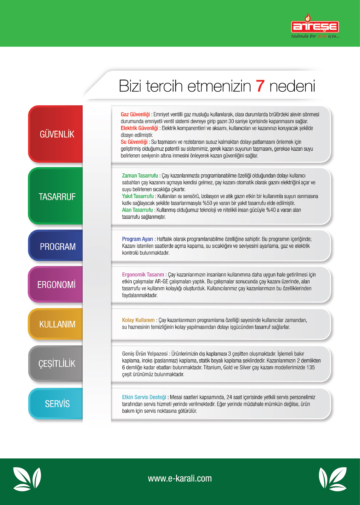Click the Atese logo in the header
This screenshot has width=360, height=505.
point(315,26)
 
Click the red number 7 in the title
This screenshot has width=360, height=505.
point(260,86)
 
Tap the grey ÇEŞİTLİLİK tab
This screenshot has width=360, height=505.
point(57,364)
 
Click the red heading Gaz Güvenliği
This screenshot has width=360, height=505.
point(135,114)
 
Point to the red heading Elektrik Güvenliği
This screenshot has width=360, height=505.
point(139,128)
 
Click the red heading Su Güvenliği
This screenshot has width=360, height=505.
point(134,142)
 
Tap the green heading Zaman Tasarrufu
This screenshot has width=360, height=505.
point(140,176)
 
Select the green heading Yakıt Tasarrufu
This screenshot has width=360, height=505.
point(138,196)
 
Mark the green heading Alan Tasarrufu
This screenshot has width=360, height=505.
point(137,210)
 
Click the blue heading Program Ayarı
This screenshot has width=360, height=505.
point(137,239)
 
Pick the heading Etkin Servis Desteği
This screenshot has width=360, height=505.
point(144,397)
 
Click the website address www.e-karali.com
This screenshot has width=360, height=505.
point(180,478)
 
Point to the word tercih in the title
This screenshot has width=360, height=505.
point(164,86)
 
